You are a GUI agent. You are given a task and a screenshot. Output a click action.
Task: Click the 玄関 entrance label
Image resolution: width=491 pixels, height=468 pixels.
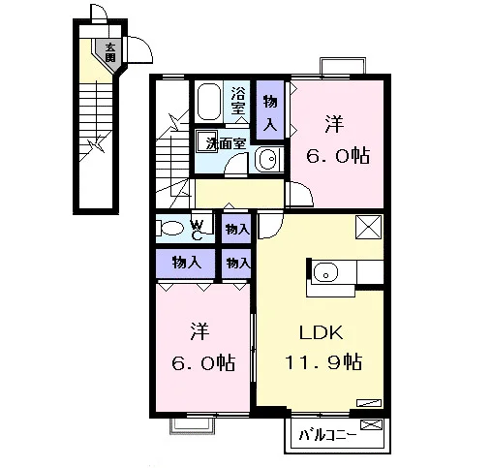110,52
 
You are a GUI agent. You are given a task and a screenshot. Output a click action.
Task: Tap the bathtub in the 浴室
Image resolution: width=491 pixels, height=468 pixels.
209,102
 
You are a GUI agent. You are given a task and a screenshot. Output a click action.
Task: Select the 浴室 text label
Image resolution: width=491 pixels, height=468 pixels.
238,101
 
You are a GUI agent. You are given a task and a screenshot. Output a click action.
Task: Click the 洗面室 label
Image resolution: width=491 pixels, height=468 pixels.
226,143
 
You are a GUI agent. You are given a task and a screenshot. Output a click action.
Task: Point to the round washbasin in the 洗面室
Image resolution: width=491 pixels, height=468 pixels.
268,159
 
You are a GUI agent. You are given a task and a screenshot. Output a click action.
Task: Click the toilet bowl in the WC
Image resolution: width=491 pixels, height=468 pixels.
170,228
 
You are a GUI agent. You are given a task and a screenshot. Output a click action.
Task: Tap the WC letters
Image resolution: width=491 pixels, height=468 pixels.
197,231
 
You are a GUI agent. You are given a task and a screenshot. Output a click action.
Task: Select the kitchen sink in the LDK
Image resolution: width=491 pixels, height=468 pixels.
325,272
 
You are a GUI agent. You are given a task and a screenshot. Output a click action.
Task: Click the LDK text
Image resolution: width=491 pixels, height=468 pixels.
322,332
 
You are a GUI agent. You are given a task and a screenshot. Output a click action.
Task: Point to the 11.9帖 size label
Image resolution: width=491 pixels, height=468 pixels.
323,361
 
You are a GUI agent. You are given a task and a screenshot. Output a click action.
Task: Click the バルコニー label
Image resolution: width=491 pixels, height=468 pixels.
327,436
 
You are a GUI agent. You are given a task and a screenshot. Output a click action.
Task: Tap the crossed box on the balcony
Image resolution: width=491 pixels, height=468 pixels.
371,424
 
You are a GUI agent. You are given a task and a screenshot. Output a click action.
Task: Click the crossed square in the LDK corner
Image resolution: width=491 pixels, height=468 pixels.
369,227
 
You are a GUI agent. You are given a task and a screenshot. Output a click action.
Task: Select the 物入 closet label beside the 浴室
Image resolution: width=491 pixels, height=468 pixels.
270,113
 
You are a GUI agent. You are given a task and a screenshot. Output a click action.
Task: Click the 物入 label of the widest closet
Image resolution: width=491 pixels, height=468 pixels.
187,263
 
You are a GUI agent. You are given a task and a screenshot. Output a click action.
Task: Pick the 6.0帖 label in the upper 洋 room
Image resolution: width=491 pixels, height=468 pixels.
338,156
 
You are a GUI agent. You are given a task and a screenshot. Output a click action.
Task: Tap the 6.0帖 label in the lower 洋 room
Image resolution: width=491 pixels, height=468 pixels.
203,362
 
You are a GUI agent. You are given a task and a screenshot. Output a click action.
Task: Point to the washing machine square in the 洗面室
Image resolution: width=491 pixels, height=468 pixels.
206,140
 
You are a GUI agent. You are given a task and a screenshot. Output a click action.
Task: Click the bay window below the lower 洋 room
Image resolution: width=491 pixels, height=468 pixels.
193,426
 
